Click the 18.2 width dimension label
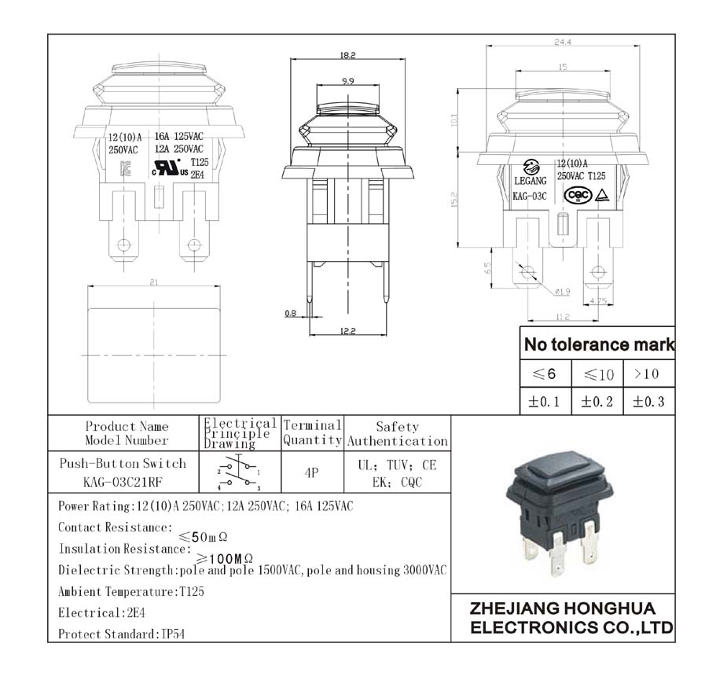tap(348, 55)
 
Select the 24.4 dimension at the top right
tap(562, 42)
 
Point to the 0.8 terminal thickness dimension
tap(290, 314)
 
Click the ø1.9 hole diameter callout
tap(562, 292)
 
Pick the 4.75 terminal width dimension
tap(599, 300)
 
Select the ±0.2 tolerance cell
tap(597, 402)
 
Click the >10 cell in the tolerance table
tap(648, 373)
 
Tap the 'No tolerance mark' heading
tap(598, 344)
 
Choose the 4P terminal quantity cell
tap(311, 473)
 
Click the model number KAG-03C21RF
tap(123, 482)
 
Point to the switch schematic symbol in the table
tap(240, 472)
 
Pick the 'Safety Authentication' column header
tap(398, 434)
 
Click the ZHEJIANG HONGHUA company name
tap(562, 609)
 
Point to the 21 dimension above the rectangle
tap(154, 283)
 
